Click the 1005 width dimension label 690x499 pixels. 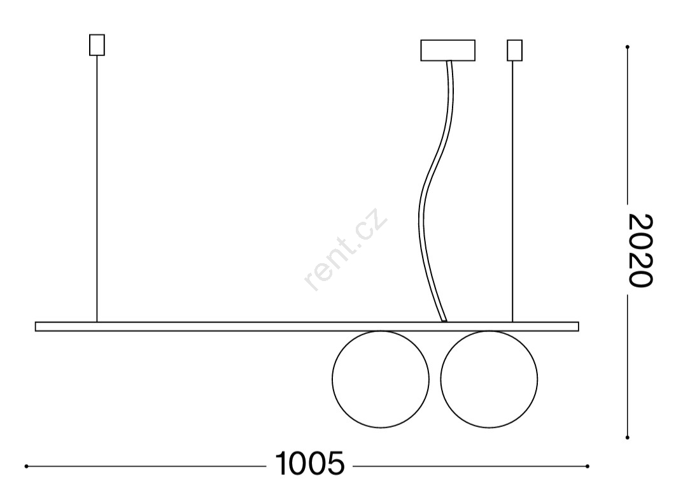click(x=310, y=463)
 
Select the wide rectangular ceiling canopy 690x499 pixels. click(x=448, y=50)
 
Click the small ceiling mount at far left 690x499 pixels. click(x=97, y=45)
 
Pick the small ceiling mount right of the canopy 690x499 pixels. click(x=514, y=50)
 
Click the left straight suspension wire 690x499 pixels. click(x=97, y=189)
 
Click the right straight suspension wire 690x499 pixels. click(x=512, y=192)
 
